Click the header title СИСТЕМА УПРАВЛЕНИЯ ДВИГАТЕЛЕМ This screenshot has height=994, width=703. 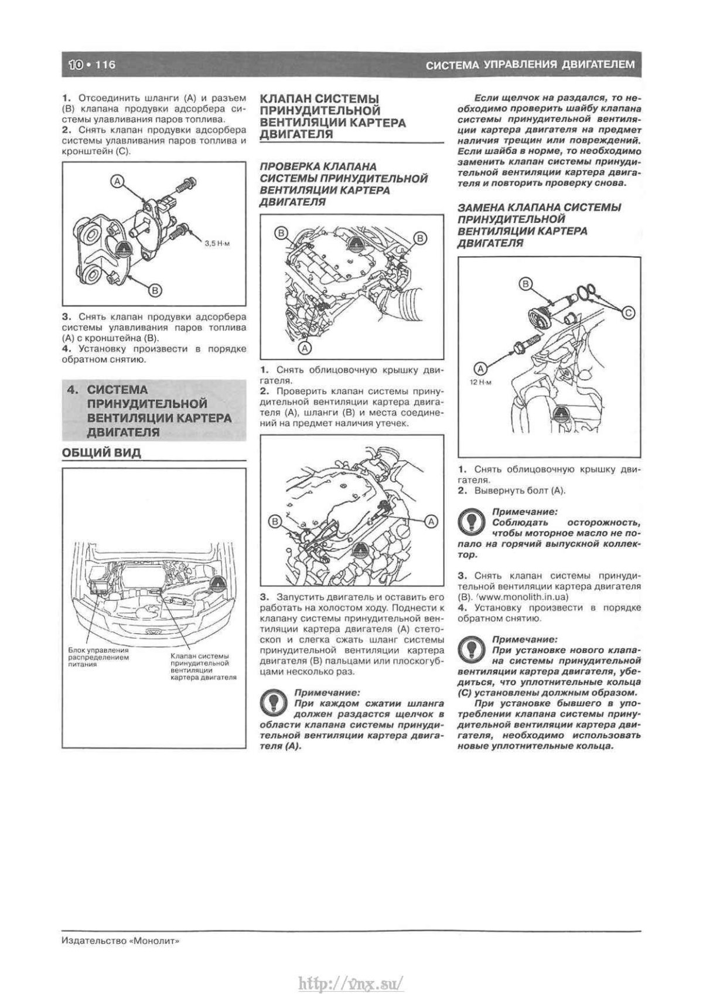pyautogui.click(x=530, y=64)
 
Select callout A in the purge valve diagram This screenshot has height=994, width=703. pyautogui.click(x=117, y=181)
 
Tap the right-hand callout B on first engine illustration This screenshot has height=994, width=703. pyautogui.click(x=420, y=237)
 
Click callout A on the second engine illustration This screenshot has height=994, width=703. pyautogui.click(x=431, y=520)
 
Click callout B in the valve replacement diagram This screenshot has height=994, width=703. pyautogui.click(x=525, y=284)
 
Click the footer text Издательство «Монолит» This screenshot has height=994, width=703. pyautogui.click(x=120, y=941)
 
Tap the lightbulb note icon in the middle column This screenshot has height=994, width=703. pyautogui.click(x=272, y=702)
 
